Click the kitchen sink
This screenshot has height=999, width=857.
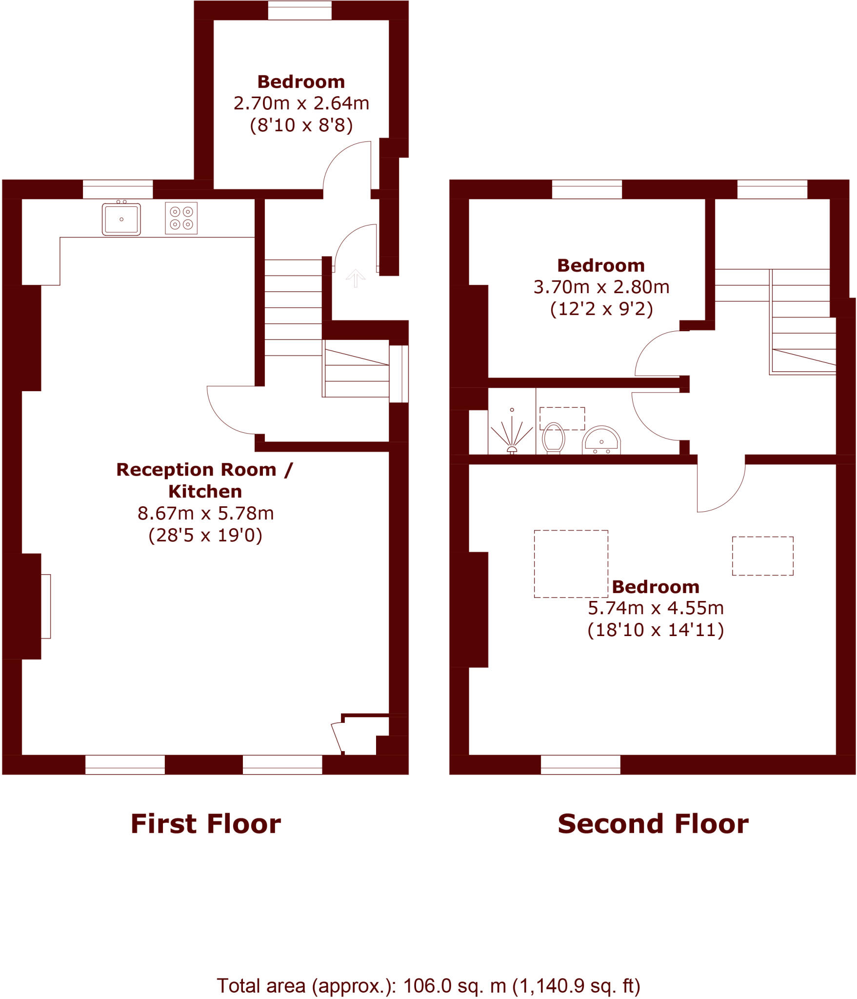point(121,219)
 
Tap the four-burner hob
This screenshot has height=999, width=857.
point(181,218)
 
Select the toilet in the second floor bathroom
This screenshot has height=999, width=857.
point(553,438)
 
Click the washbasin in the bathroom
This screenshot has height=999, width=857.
point(601,440)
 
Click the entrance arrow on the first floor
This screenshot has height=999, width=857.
point(356,278)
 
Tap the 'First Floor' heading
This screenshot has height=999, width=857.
point(205,824)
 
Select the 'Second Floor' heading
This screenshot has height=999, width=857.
point(653,824)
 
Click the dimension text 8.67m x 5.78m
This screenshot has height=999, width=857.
point(205,514)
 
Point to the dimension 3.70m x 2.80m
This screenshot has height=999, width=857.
point(601,287)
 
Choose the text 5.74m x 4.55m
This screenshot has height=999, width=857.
point(656,608)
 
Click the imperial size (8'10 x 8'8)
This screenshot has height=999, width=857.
point(301,125)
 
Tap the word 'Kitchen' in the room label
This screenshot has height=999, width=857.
point(205,492)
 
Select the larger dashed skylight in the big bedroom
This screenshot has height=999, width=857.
point(571,564)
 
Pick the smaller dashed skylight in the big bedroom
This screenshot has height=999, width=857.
point(762,556)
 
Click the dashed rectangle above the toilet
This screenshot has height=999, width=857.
point(562,419)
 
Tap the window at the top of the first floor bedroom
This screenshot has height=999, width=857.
point(299,10)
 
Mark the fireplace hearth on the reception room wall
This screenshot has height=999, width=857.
point(46,606)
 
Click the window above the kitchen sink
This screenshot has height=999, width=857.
point(118,189)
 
